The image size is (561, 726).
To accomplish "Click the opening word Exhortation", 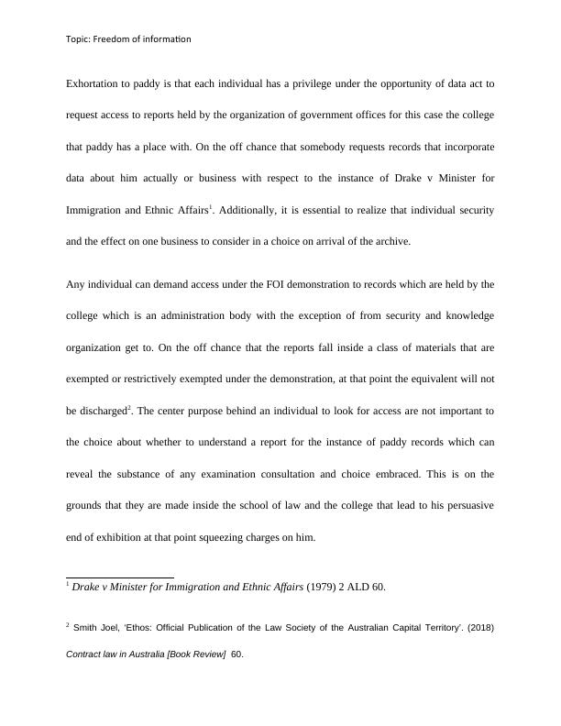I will pyautogui.click(x=94, y=83).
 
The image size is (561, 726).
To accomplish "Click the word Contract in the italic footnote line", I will pyautogui.click(x=84, y=655).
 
